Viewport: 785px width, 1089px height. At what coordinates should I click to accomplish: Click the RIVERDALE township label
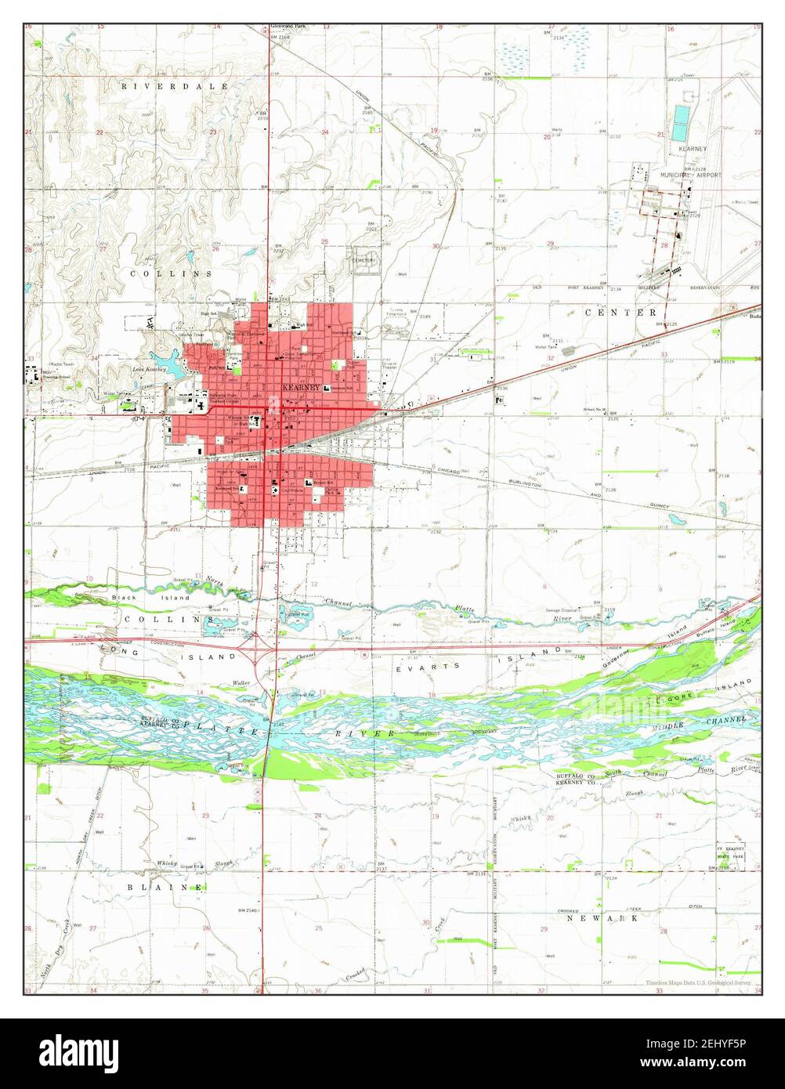tap(174, 85)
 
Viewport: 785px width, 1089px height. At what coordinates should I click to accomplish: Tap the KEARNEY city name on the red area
tap(301, 388)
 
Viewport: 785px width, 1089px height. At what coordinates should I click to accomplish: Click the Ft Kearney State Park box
tap(730, 856)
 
